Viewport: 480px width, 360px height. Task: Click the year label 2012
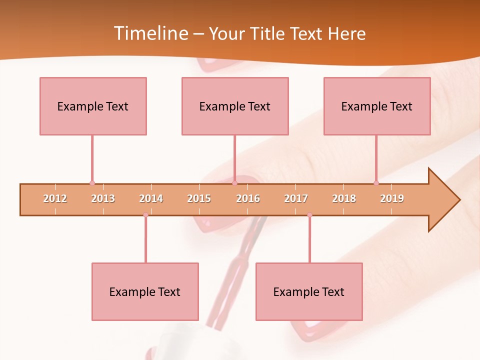pos(55,198)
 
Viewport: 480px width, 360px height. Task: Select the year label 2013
pos(103,198)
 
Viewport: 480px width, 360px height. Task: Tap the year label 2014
pos(151,198)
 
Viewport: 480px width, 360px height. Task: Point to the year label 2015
pos(199,198)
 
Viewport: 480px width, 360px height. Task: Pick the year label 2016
pos(248,198)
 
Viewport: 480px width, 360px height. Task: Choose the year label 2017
pos(296,198)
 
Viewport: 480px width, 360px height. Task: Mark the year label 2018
pos(344,198)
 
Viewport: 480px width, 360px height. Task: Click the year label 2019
pos(392,198)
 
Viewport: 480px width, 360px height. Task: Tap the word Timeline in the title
pos(150,33)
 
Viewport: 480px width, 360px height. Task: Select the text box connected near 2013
pos(93,106)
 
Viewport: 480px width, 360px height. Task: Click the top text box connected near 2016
pos(235,106)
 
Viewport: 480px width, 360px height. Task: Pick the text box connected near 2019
pos(377,106)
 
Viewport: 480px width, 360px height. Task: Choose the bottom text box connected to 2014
pos(145,291)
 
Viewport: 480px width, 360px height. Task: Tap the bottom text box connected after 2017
pos(309,291)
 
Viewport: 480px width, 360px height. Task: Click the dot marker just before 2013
pos(92,183)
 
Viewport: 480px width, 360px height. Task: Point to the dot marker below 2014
pos(145,215)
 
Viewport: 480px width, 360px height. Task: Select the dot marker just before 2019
pos(376,183)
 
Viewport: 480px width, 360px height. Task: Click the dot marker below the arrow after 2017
pos(309,215)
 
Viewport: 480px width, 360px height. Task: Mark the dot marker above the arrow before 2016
pos(234,183)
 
